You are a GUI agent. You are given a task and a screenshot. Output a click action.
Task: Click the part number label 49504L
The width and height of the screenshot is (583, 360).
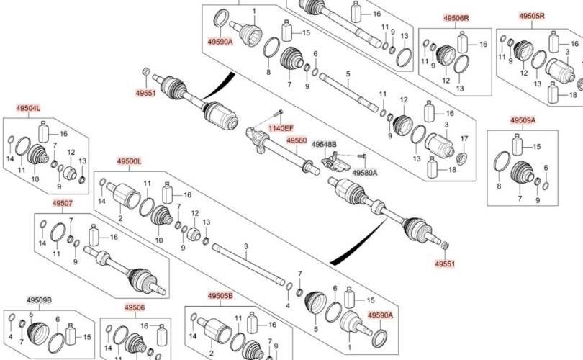(28, 108)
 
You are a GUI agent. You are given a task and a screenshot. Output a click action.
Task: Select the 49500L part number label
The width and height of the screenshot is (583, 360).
(129, 161)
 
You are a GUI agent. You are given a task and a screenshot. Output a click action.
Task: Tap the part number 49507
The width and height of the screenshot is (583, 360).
(62, 203)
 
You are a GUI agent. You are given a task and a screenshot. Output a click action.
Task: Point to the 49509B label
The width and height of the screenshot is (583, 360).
(39, 300)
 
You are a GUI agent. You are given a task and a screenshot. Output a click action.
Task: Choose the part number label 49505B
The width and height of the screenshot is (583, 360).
(220, 296)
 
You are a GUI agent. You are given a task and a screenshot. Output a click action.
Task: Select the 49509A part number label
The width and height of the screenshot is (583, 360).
(523, 120)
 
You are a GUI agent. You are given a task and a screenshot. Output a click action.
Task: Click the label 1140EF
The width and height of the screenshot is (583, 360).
(281, 128)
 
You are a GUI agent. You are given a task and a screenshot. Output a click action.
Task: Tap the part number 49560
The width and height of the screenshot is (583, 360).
(297, 140)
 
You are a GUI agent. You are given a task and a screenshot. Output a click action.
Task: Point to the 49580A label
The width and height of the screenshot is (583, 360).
(364, 173)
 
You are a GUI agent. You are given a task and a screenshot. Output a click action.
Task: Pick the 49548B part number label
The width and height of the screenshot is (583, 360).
(324, 145)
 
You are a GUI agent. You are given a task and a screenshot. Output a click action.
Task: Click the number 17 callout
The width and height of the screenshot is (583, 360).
(464, 138)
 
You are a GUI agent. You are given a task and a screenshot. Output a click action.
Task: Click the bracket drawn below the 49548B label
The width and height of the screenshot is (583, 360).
(332, 159)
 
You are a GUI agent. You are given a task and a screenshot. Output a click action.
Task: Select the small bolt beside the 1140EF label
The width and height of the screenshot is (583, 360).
(279, 115)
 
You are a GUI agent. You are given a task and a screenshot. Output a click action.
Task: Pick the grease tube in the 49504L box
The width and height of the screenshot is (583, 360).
(44, 132)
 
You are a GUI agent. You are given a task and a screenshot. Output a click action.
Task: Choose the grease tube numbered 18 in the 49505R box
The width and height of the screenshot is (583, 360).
(553, 93)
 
